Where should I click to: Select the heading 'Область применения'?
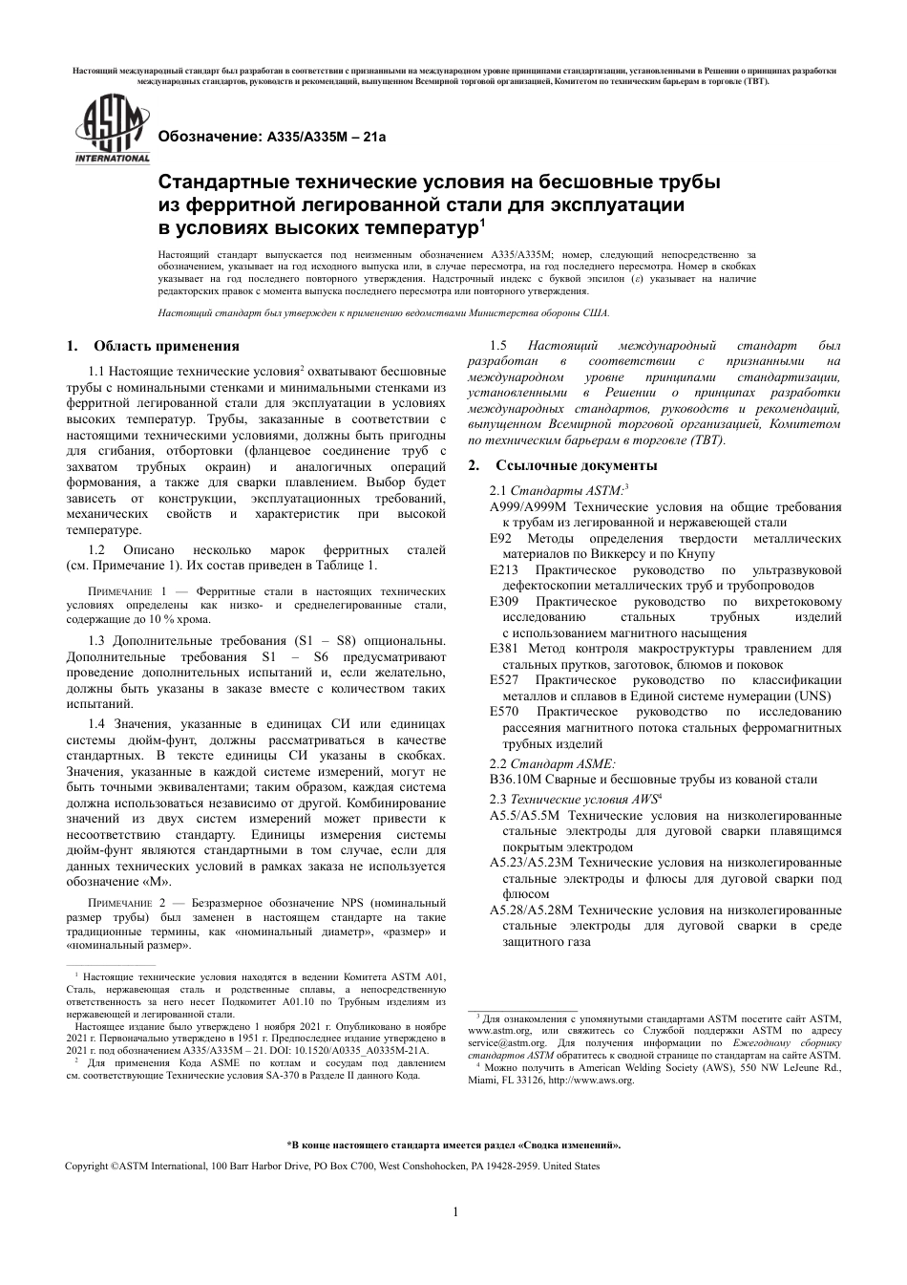[167, 346]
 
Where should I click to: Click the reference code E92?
[501, 539]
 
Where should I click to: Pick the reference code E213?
[504, 570]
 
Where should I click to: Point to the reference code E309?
[504, 602]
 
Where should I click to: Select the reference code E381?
[504, 649]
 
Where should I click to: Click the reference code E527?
[504, 680]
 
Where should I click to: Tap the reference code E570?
[504, 712]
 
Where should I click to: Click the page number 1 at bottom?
[454, 1212]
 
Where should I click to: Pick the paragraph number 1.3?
[97, 639]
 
